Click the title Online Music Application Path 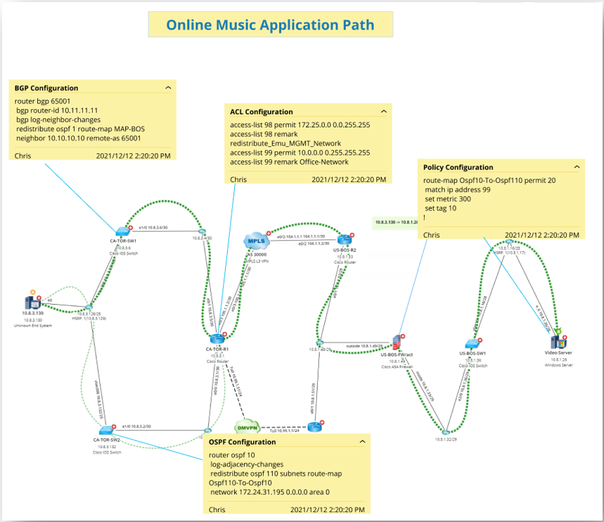(x=270, y=25)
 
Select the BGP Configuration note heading (x=46, y=88)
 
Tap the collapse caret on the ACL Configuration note (x=384, y=111)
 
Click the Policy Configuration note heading (x=458, y=167)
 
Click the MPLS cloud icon (x=255, y=241)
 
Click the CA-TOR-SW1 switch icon (x=123, y=232)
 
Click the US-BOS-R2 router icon (x=344, y=240)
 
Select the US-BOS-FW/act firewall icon (x=396, y=344)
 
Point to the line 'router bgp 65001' (x=43, y=101)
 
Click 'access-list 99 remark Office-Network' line (x=289, y=162)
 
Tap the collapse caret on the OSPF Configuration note (x=363, y=442)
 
